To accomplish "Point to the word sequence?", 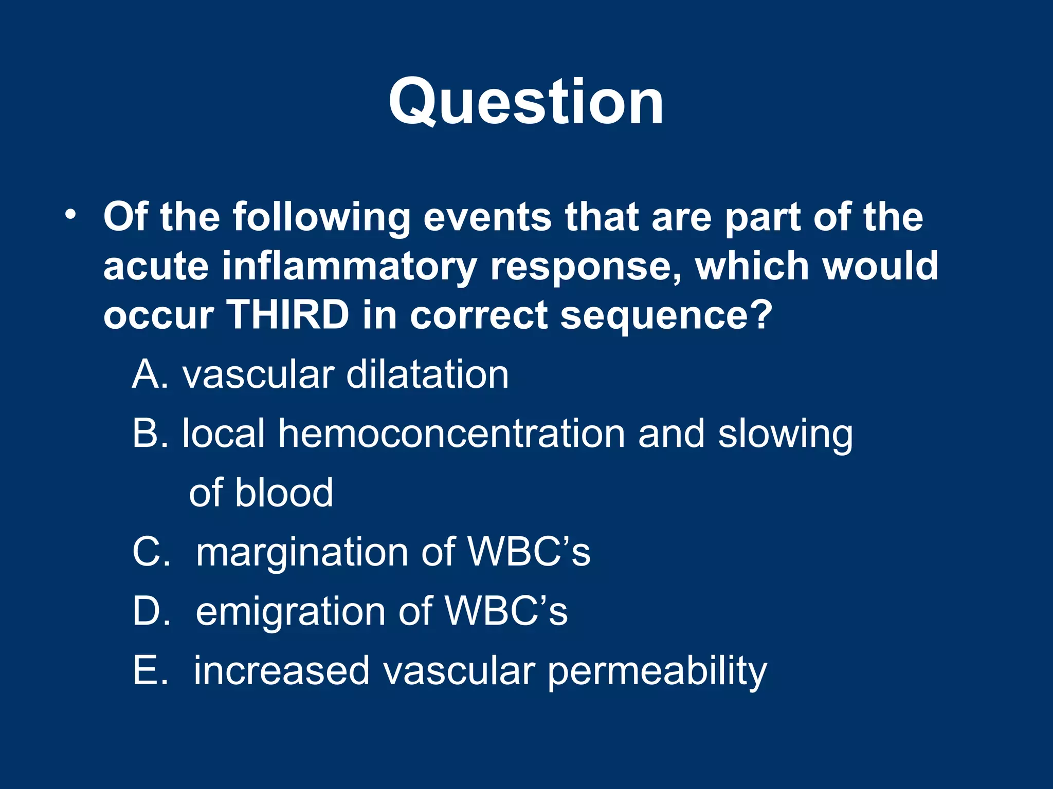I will click(x=666, y=315).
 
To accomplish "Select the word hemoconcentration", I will click(x=451, y=434).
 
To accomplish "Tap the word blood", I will click(x=284, y=493).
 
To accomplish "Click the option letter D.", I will click(x=151, y=611).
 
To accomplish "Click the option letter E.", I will click(x=150, y=670).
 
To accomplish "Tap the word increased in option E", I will click(x=281, y=670).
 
